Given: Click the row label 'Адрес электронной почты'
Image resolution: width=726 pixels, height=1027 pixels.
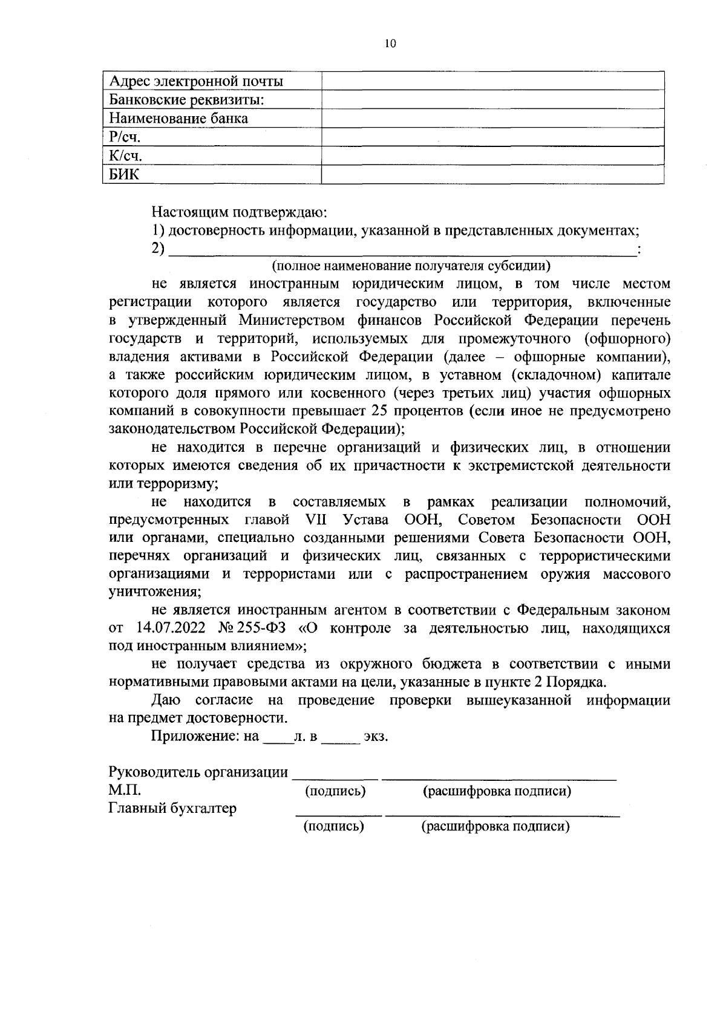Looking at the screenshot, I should pos(196,81).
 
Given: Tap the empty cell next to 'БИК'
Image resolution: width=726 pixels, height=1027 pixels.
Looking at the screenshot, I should pos(492,175).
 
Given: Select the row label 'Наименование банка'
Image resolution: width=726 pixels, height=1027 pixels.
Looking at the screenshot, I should pos(179,119).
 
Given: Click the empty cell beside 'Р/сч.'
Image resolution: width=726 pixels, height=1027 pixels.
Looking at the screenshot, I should pos(492,137).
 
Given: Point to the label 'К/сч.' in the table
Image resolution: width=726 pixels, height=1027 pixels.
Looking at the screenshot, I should pos(126,156).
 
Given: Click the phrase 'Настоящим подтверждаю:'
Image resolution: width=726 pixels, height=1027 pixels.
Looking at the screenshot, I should pos(239,212).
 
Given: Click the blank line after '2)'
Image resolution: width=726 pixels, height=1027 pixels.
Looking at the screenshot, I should pos(402,249).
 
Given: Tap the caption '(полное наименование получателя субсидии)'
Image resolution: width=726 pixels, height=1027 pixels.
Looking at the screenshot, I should pos(411,266).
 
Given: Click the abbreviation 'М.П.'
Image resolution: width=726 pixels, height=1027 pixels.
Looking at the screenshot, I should pos(124,791).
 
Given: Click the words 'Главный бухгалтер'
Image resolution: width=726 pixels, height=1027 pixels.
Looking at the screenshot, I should pos(172,809).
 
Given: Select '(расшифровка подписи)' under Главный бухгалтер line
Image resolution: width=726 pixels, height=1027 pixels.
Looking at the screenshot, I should pos(495,827).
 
